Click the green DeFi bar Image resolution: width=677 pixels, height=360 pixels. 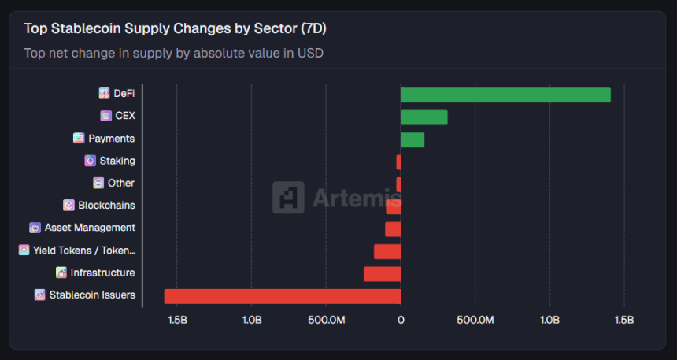point(505,95)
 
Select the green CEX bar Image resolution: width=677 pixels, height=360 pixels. point(424,117)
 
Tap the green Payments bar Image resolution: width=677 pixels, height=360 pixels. point(412,139)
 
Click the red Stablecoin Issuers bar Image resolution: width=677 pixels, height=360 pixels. point(282,296)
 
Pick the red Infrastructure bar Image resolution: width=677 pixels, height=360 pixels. point(382,274)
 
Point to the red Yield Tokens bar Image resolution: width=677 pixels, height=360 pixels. point(387,251)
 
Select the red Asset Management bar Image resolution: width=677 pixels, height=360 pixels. point(393,229)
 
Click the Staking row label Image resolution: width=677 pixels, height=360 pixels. point(117,161)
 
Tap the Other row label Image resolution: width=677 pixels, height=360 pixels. point(121,183)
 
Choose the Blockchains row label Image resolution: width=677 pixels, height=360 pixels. point(106,205)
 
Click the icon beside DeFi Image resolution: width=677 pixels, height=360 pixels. point(104,94)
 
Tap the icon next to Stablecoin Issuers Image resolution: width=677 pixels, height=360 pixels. point(40,295)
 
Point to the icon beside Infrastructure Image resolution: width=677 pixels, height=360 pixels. point(61,273)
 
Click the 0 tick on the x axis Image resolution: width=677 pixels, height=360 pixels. point(401,320)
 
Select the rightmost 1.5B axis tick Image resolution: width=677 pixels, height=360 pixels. point(623,320)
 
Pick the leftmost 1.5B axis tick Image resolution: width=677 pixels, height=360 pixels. point(177,320)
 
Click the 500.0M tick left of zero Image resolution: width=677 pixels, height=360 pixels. point(326,320)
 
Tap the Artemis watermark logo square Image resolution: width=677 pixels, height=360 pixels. point(288,198)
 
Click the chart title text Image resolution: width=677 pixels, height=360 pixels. point(175,28)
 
